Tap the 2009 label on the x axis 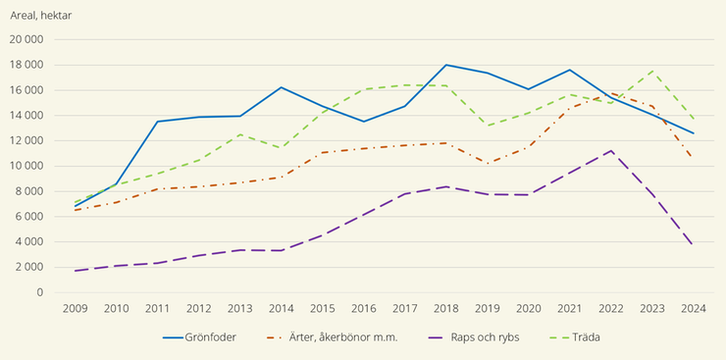[x=76, y=307]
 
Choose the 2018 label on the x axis [x=447, y=307]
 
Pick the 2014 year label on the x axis [x=282, y=307]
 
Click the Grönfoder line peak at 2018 [x=447, y=65]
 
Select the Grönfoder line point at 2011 [x=158, y=122]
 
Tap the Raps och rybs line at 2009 [x=76, y=271]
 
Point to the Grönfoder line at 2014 [x=282, y=87]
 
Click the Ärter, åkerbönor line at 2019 [x=489, y=163]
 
